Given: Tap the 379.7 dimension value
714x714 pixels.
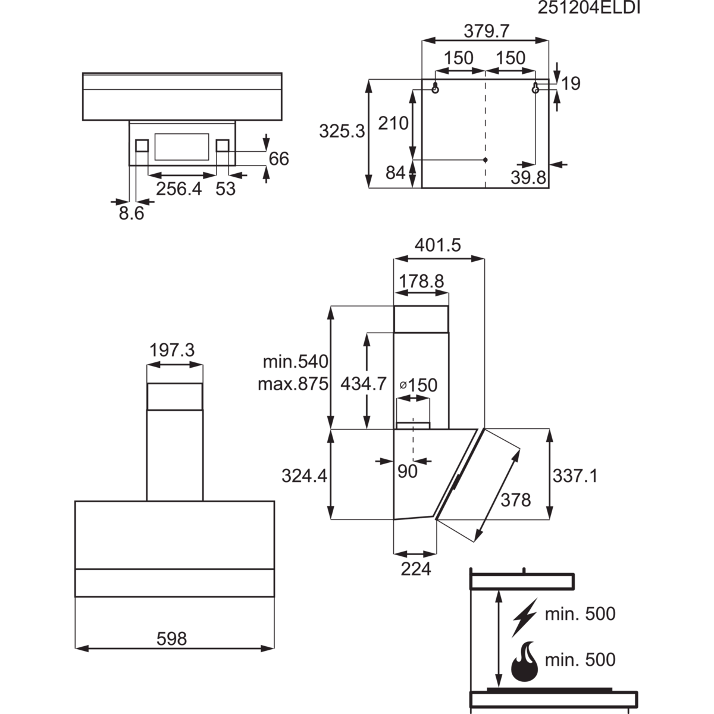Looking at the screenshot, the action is coord(487,32).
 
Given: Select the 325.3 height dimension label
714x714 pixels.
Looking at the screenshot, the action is coord(342,131).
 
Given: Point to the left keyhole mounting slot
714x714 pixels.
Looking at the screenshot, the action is coord(436,87).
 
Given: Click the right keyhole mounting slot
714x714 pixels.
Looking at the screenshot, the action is coord(535,87).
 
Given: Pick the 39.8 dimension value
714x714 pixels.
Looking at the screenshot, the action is coord(528,178).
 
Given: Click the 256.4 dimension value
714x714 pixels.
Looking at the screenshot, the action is coord(179,189).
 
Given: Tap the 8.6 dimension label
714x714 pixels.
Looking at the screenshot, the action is coord(131,214).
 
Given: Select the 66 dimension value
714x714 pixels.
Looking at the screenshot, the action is coord(278,159).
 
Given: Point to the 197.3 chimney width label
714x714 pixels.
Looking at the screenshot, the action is coord(172,350).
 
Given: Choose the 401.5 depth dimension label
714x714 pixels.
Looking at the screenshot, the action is coord(437,245).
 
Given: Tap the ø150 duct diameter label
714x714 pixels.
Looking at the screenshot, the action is coord(419,386).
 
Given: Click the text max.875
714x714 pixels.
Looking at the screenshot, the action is coord(293,384).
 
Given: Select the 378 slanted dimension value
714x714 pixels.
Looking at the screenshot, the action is coord(516,500).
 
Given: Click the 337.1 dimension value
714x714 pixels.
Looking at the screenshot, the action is coord(575,476).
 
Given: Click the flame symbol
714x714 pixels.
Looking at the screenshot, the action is coord(524,665).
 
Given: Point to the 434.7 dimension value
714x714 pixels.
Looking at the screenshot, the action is coord(364,384).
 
